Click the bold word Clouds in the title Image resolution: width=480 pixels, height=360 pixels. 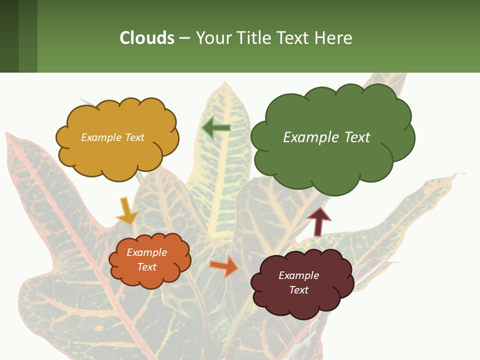point(147,37)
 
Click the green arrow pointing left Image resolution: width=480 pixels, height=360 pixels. point(216,128)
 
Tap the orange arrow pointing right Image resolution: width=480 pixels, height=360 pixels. point(223,265)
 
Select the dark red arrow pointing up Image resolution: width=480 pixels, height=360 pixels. point(319,221)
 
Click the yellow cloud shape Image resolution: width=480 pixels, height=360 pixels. point(117,150)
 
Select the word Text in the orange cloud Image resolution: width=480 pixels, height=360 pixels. point(147,267)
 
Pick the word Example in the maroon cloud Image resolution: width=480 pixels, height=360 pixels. point(298,275)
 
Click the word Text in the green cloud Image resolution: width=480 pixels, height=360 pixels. point(357,137)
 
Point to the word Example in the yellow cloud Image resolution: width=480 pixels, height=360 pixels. point(100,137)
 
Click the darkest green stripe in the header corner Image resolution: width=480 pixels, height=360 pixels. point(9,36)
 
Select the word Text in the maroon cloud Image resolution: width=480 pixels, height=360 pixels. point(298,290)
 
